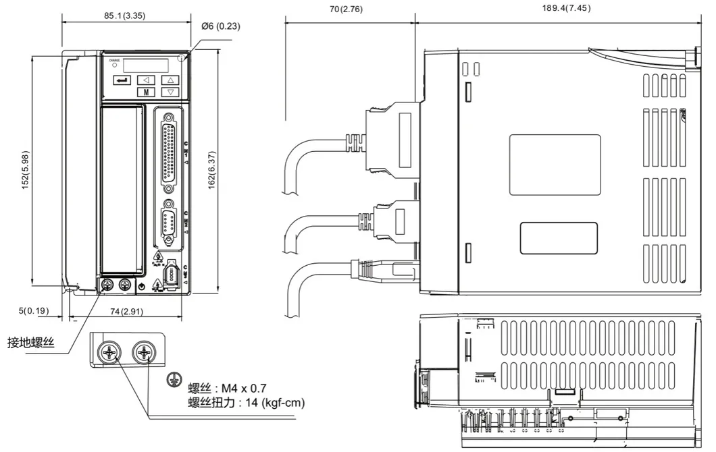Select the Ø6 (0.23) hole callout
coord(221,26)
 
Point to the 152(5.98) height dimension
coord(25,169)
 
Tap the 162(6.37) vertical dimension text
coord(211,169)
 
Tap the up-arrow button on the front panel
coord(171,80)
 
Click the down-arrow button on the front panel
coord(171,92)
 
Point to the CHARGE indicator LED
coord(115,65)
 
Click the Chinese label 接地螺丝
coord(30,343)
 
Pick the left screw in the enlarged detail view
coord(109,351)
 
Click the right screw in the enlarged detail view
coord(144,351)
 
